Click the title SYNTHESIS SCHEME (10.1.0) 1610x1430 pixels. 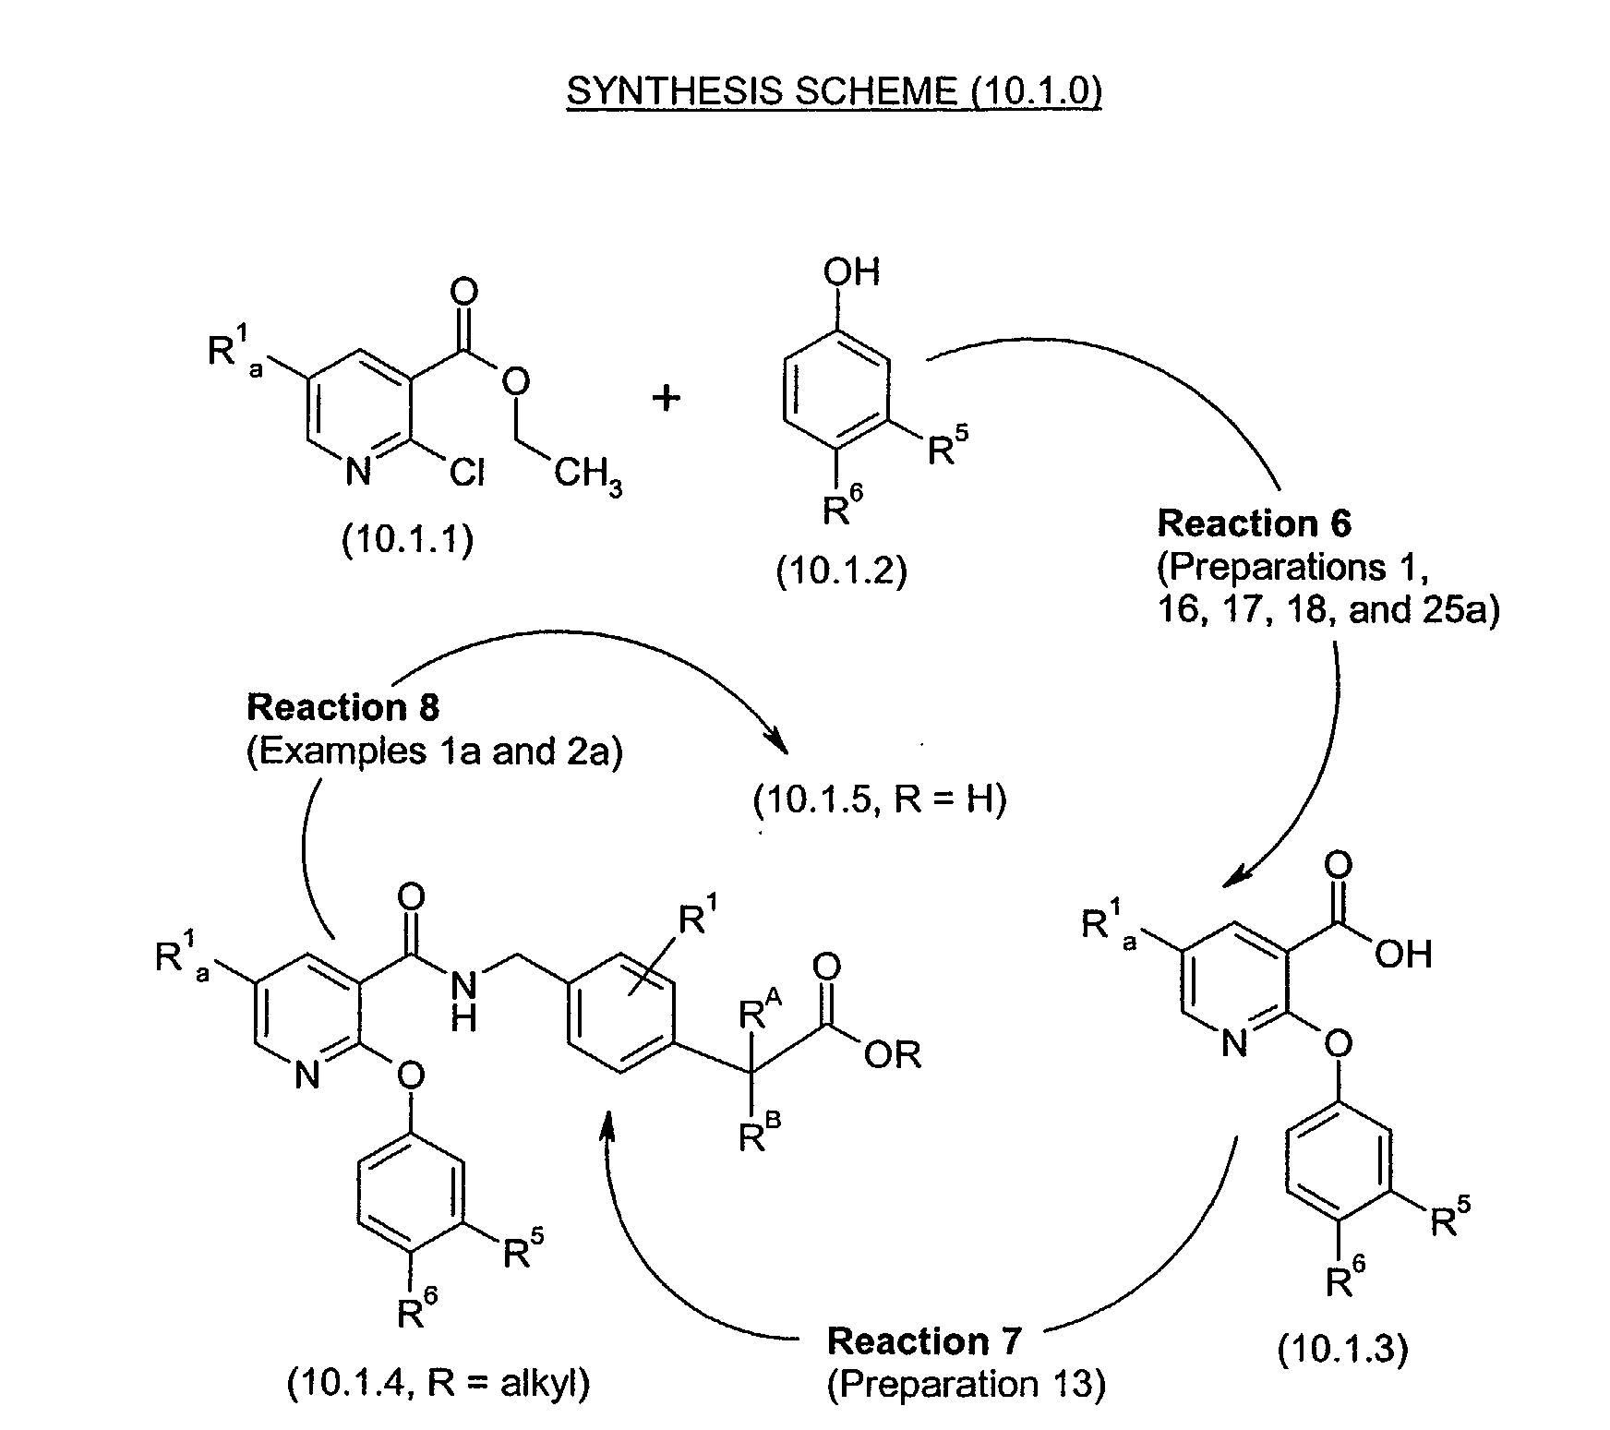(834, 91)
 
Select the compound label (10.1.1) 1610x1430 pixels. (407, 540)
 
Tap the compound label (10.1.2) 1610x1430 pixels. (841, 571)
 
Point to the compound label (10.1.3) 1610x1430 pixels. (1341, 1350)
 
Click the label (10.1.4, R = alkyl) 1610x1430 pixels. (439, 1383)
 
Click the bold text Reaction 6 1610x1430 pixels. (1254, 523)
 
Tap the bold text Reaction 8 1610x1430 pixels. (343, 708)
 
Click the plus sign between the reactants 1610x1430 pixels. (666, 398)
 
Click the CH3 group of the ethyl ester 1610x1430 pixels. (587, 477)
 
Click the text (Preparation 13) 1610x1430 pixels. (965, 1385)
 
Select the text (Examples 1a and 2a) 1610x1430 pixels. (434, 752)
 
